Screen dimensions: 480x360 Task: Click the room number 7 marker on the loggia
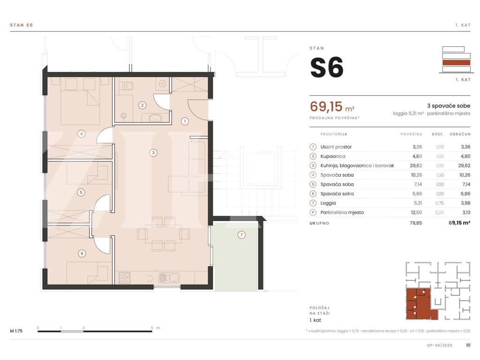241,235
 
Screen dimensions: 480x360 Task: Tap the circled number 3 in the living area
153,152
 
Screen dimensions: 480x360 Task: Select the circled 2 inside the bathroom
142,105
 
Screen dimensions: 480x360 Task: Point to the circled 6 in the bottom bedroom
82,253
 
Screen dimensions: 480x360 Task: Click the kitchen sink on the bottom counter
169,277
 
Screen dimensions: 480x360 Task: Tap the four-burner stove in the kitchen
125,277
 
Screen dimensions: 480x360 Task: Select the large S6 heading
327,67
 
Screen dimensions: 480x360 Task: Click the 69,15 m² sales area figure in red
332,106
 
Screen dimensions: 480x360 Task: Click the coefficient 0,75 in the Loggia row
440,203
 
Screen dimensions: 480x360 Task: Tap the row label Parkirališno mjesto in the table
342,212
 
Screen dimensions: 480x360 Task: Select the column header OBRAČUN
460,134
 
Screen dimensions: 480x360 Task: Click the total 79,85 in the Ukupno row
416,223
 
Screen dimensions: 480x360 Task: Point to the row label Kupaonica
333,156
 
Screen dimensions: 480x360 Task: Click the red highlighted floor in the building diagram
456,63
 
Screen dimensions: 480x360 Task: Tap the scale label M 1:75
16,330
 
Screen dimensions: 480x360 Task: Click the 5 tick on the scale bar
152,328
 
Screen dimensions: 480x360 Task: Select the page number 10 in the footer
468,345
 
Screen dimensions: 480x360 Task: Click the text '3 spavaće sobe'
449,105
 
